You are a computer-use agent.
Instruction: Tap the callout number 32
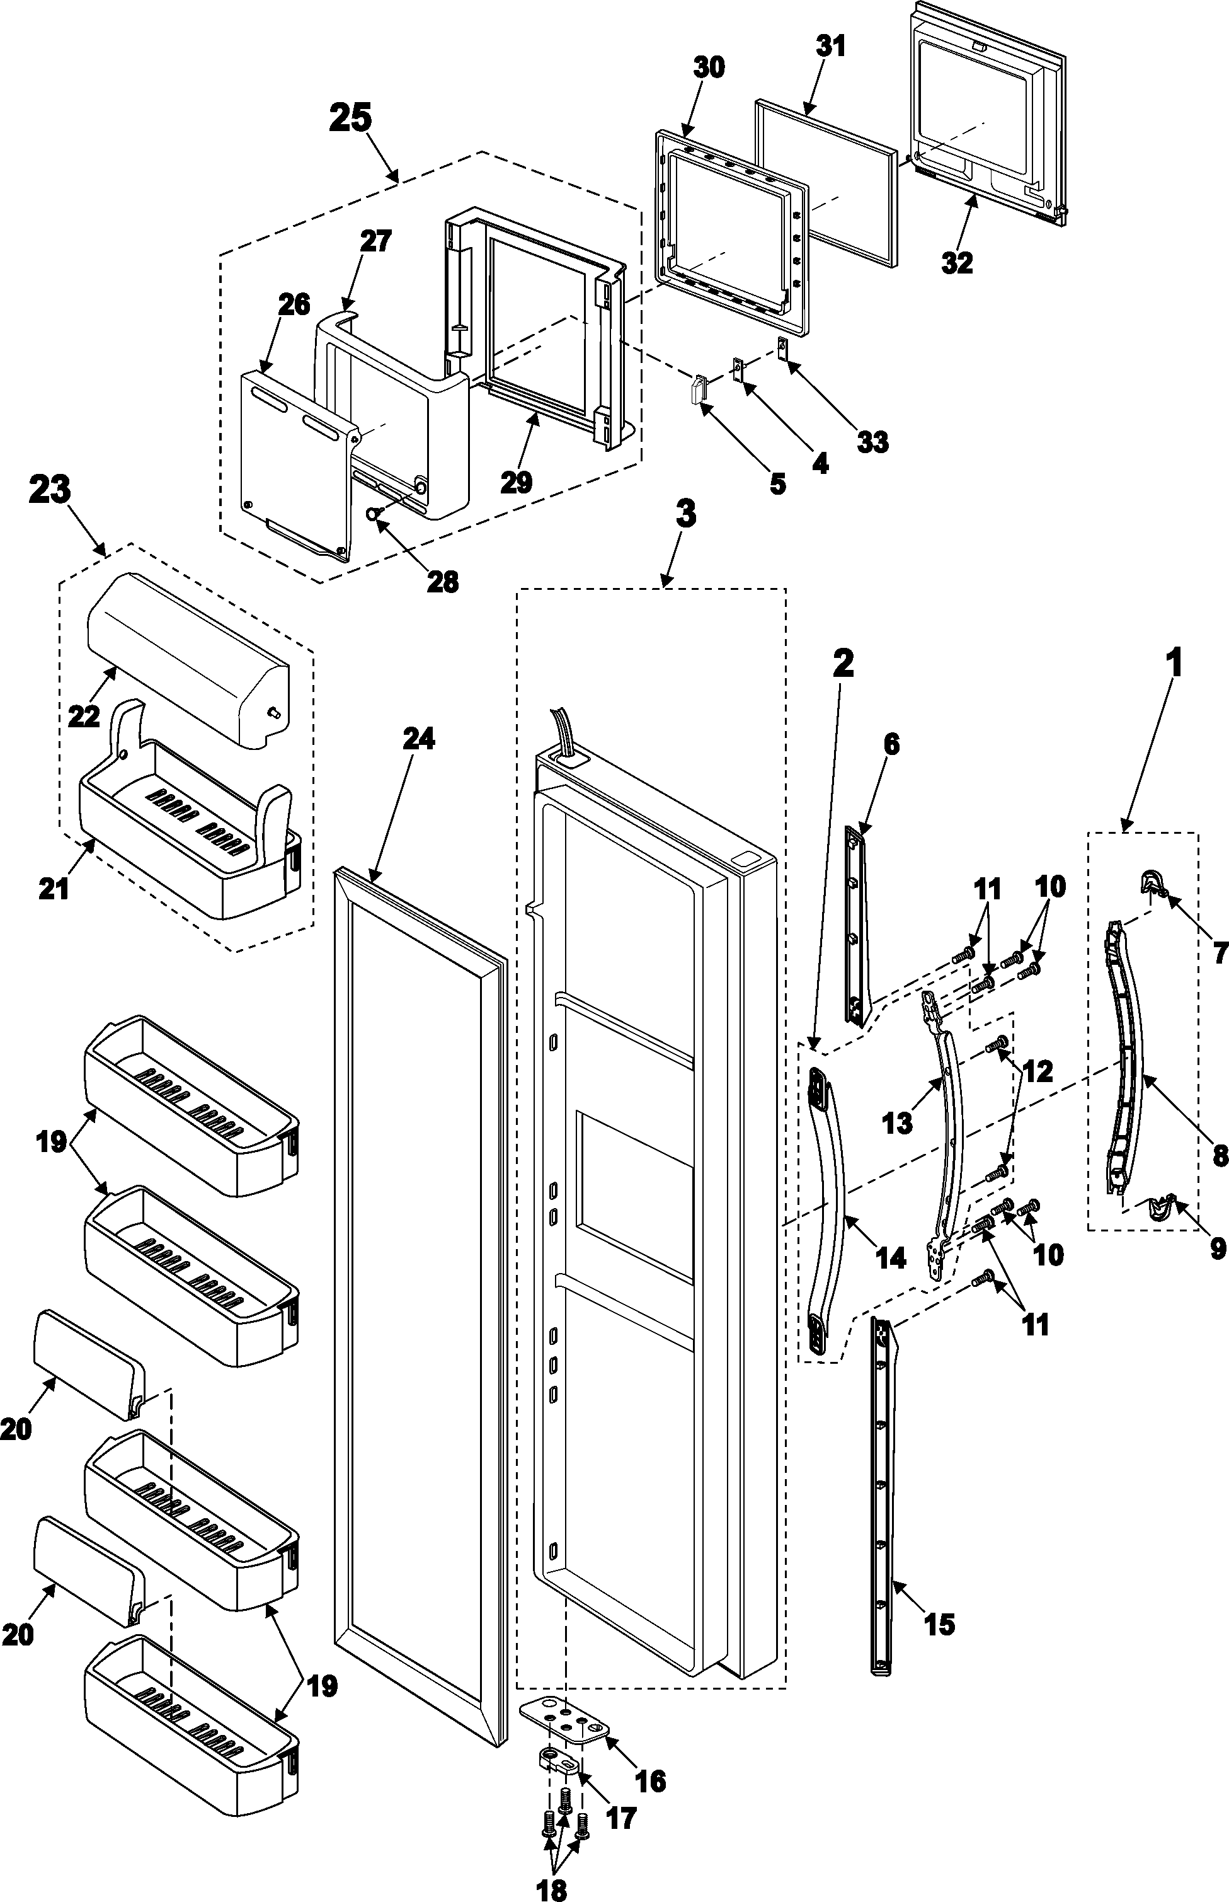(957, 262)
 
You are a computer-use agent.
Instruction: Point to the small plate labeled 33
(782, 347)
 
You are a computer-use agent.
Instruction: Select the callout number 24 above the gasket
(418, 739)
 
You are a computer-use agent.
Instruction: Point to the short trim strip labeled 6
(855, 926)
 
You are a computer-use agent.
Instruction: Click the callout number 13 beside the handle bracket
(897, 1122)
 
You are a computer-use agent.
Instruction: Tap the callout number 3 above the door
(685, 514)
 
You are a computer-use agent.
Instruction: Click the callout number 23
(50, 490)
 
